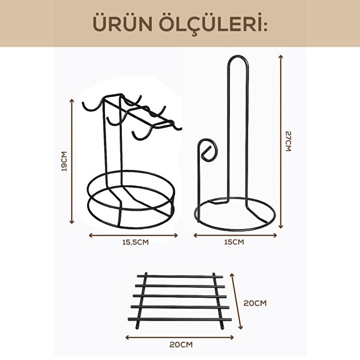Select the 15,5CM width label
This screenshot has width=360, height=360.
pyautogui.click(x=134, y=242)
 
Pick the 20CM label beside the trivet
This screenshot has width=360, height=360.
pyautogui.click(x=255, y=303)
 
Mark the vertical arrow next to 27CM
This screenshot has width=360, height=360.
pyautogui.click(x=280, y=140)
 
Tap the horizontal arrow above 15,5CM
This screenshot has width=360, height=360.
pyautogui.click(x=133, y=235)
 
